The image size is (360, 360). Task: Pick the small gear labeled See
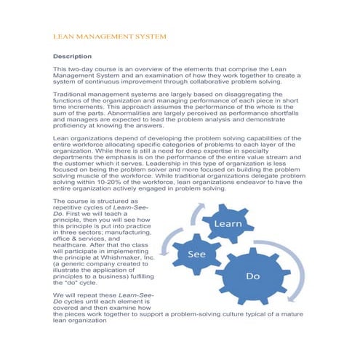[x=196, y=255]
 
